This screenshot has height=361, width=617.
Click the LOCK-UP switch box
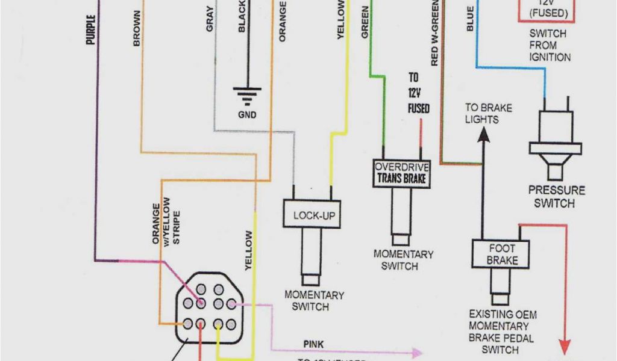313,214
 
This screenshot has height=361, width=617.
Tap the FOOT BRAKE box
502,255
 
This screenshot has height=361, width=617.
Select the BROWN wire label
137,29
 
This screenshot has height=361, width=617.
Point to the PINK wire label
313,344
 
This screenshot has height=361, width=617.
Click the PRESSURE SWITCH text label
556,197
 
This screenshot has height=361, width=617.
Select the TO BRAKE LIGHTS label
487,114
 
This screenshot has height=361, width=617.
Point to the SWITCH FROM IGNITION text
550,45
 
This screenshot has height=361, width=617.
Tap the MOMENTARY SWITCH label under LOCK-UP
314,301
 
